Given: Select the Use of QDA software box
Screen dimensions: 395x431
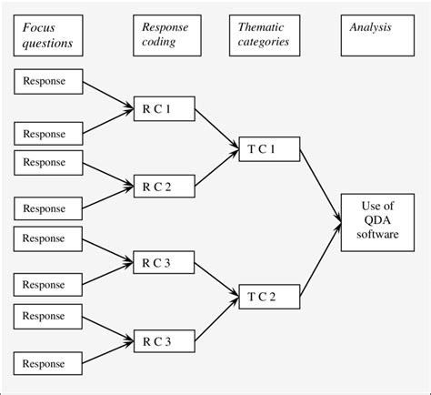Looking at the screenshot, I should [372, 219].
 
